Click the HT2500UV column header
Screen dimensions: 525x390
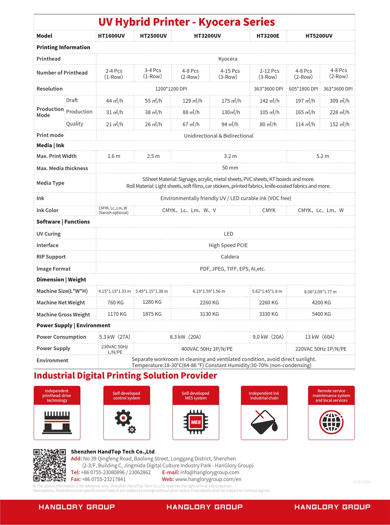pyautogui.click(x=153, y=36)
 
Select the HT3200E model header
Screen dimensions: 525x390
pyautogui.click(x=268, y=36)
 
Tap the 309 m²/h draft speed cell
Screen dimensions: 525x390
pyautogui.click(x=339, y=101)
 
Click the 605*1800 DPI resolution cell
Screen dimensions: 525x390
pyautogui.click(x=303, y=89)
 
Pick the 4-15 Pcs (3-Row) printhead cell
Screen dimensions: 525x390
pyautogui.click(x=230, y=74)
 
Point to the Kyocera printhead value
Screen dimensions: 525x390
pyautogui.click(x=228, y=59)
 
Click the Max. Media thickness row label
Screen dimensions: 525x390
pyautogui.click(x=62, y=168)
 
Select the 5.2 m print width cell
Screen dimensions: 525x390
pyautogui.click(x=323, y=156)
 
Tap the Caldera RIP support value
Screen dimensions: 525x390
pyautogui.click(x=230, y=257)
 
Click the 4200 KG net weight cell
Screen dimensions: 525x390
pyautogui.click(x=321, y=303)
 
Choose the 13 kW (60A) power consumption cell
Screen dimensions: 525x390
pyautogui.click(x=320, y=337)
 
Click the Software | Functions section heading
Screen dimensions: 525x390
pyautogui.click(x=63, y=222)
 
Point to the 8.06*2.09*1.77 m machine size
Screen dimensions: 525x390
pyautogui.click(x=320, y=292)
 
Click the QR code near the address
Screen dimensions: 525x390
pyautogui.click(x=50, y=465)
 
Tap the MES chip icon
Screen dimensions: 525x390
pyautogui.click(x=196, y=422)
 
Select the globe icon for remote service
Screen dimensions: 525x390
pyautogui.click(x=331, y=422)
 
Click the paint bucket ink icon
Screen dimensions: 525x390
pyautogui.click(x=264, y=422)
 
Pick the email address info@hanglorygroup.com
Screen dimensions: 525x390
pyautogui.click(x=209, y=472)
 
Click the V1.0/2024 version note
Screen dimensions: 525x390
pyautogui.click(x=361, y=482)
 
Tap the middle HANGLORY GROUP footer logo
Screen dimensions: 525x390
pyautogui.click(x=204, y=507)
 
